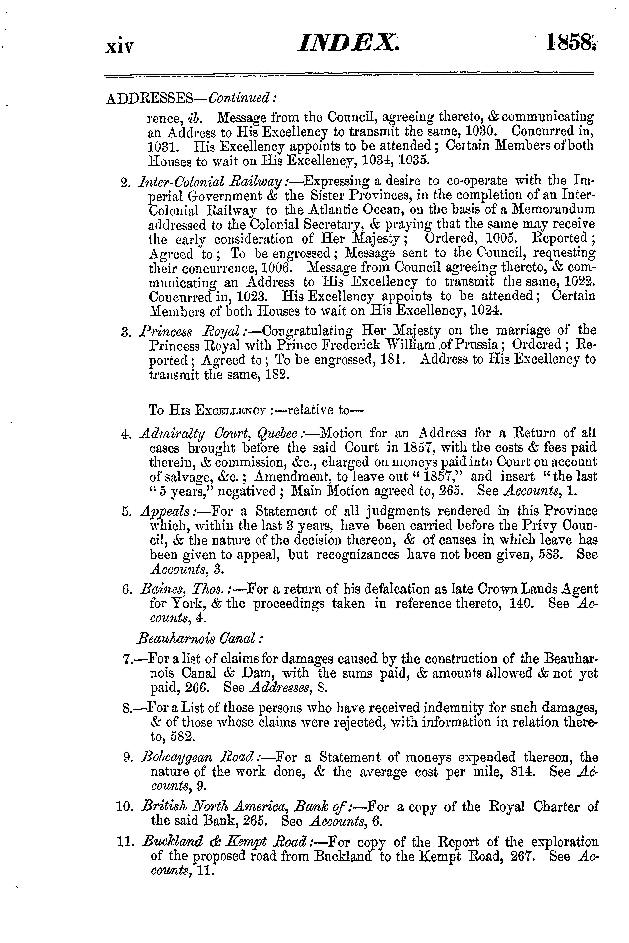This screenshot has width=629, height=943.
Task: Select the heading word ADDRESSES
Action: [x=151, y=99]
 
